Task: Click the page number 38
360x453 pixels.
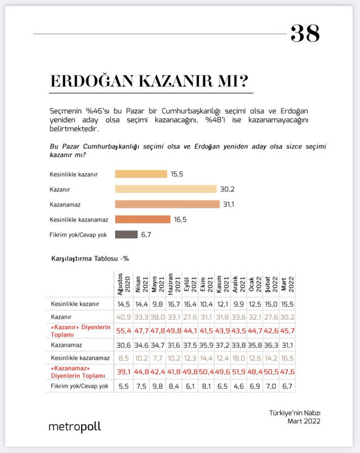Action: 305,34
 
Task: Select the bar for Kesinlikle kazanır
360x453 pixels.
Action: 141,174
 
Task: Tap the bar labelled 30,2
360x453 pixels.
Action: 166,189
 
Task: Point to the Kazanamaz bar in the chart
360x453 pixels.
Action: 167,204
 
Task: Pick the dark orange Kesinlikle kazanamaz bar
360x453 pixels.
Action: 142,219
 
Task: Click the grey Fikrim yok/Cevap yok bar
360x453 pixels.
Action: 126,235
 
